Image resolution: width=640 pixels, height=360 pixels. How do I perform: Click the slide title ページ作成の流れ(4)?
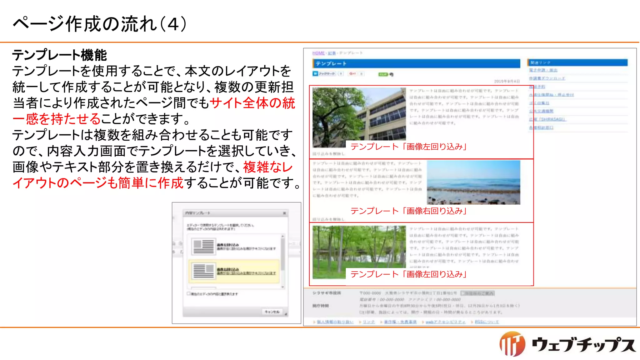100,24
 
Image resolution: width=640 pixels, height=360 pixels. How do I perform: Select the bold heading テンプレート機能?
59,55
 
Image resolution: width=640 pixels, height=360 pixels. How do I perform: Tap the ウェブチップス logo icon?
512,344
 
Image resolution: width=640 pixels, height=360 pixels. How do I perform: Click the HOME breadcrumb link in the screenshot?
318,53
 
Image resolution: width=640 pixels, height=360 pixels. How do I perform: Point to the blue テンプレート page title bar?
416,63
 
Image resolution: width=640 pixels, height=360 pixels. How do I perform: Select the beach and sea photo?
473,182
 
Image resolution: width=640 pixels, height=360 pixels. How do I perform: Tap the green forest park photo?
359,252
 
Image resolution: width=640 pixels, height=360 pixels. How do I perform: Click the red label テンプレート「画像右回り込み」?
408,211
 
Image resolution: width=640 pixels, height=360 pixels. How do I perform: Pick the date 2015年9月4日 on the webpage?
507,81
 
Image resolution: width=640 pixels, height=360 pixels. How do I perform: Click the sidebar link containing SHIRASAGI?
547,119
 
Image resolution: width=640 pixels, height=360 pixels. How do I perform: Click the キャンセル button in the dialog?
272,312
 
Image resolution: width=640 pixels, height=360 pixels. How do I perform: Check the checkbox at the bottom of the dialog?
188,293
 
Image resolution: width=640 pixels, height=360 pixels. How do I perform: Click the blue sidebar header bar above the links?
577,62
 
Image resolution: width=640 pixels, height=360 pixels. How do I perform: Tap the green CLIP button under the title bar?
383,74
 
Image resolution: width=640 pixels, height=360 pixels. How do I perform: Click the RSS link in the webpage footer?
487,322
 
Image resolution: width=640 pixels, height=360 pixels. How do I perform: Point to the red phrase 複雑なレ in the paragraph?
268,167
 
